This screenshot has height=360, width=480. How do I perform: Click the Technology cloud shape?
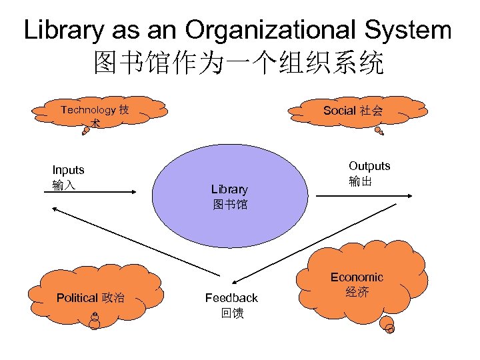pyautogui.click(x=97, y=109)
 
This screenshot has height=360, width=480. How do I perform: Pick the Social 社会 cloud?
pyautogui.click(x=353, y=109)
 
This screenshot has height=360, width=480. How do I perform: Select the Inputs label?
pyautogui.click(x=68, y=170)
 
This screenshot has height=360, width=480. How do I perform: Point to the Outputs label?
pyautogui.click(x=369, y=166)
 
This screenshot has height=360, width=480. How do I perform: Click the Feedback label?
pyautogui.click(x=231, y=297)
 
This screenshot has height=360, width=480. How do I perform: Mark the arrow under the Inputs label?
pyautogui.click(x=93, y=193)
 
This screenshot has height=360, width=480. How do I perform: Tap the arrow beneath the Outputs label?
pyautogui.click(x=365, y=195)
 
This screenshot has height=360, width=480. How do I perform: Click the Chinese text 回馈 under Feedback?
pyautogui.click(x=232, y=313)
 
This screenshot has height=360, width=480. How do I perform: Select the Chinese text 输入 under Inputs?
pyautogui.click(x=64, y=185)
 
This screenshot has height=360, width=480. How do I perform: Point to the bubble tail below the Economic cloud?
pyautogui.click(x=388, y=327)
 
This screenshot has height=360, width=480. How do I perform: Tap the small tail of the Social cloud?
pyautogui.click(x=379, y=133)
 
